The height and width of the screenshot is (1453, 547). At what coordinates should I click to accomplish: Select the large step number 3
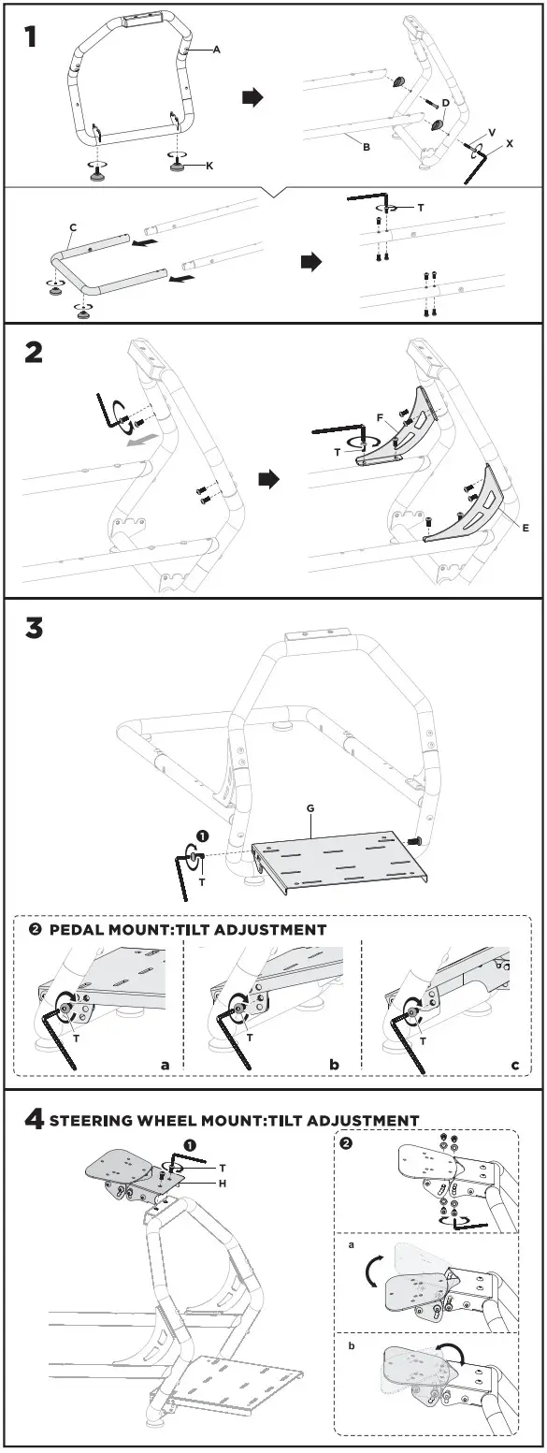pos(34,628)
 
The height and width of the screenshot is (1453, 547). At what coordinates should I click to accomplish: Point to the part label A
pos(217,50)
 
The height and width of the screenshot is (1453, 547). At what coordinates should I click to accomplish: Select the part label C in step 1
pos(72,226)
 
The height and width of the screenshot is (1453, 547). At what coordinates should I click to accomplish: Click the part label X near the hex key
pos(510,145)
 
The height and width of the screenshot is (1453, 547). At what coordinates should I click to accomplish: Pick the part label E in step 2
pos(525,529)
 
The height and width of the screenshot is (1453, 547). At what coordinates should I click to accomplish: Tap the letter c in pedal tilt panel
pos(514,1065)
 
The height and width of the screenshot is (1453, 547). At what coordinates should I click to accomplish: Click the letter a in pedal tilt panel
pos(165,1065)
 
